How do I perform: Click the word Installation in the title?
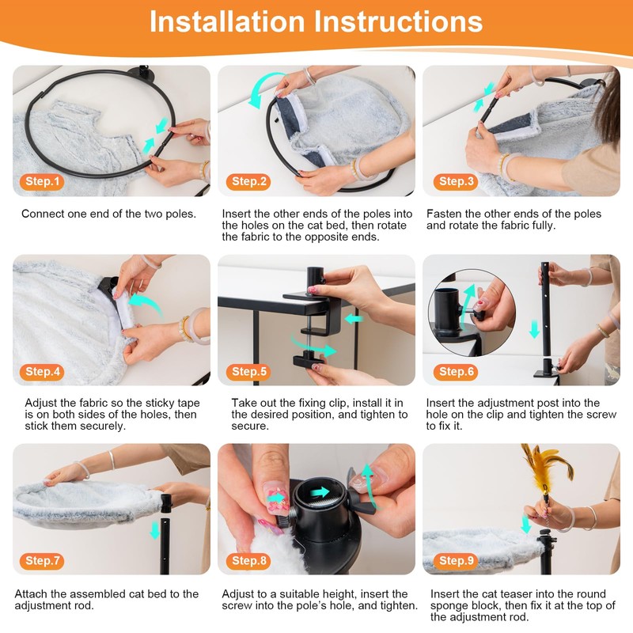coord(227,21)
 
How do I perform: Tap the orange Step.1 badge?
coord(43,182)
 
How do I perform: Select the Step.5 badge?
coord(248,371)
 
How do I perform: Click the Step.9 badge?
coord(456,560)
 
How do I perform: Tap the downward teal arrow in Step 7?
coord(155,530)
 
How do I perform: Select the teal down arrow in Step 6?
coord(535,329)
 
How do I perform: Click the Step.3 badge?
coord(456,182)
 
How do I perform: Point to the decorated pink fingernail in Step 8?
coord(276,498)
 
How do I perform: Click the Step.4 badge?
coord(43,371)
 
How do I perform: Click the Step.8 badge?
coord(248,560)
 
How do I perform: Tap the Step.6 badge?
coord(456,371)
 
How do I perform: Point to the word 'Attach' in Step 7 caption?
coord(31,594)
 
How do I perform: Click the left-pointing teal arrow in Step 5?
coord(354,319)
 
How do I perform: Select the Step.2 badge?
coord(248,182)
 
